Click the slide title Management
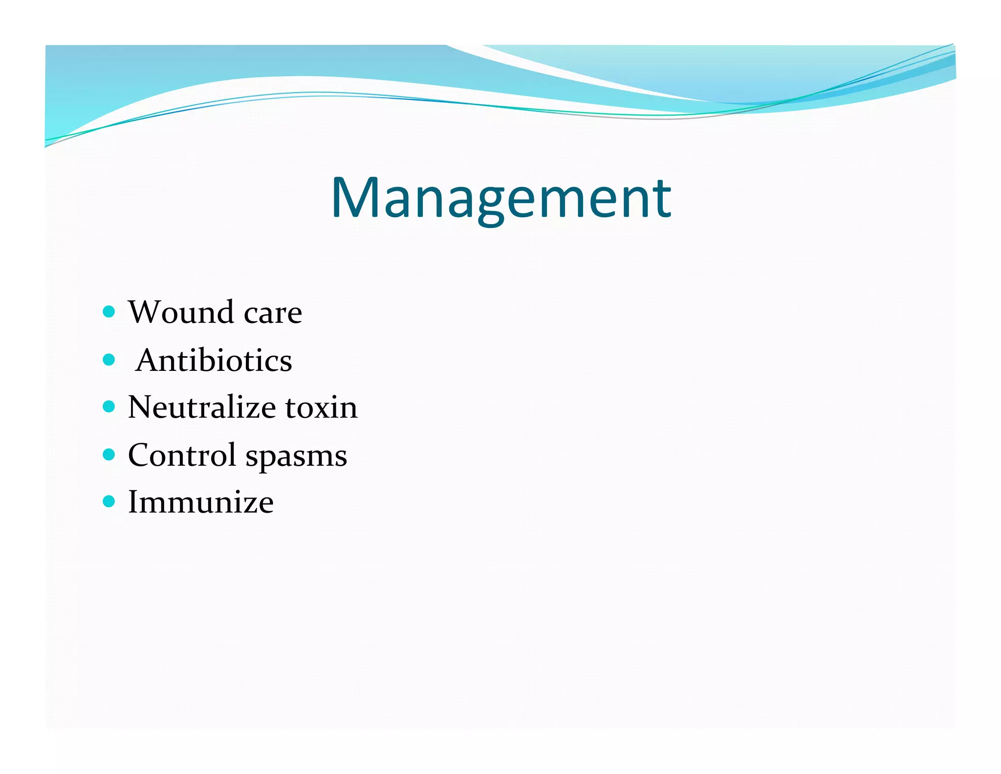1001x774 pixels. click(501, 198)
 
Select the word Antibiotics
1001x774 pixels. click(214, 361)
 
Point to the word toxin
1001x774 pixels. click(321, 407)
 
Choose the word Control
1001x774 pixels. click(182, 455)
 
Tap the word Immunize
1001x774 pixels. click(200, 502)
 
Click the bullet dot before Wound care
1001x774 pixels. click(109, 312)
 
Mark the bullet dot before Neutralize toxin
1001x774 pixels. click(109, 407)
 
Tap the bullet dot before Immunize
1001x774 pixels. click(109, 501)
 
